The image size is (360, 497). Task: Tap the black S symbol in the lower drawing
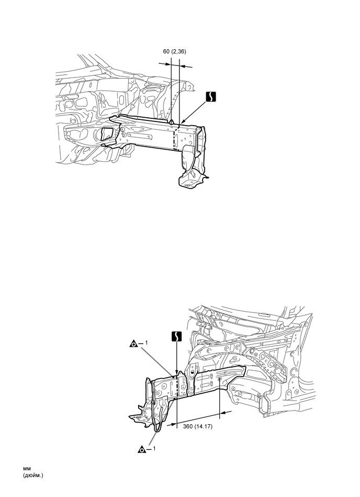click(x=176, y=336)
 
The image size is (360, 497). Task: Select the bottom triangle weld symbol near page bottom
click(x=141, y=449)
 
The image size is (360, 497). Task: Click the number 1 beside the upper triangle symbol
click(x=147, y=343)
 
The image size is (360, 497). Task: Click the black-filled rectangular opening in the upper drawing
click(x=107, y=134)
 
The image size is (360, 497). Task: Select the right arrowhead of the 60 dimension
click(x=182, y=65)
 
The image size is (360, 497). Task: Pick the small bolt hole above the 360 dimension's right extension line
click(x=219, y=380)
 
